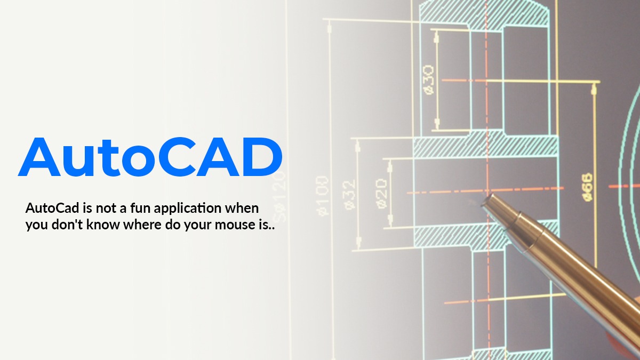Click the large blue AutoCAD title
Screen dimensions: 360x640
[150, 157]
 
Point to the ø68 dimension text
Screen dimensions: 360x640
[587, 186]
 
